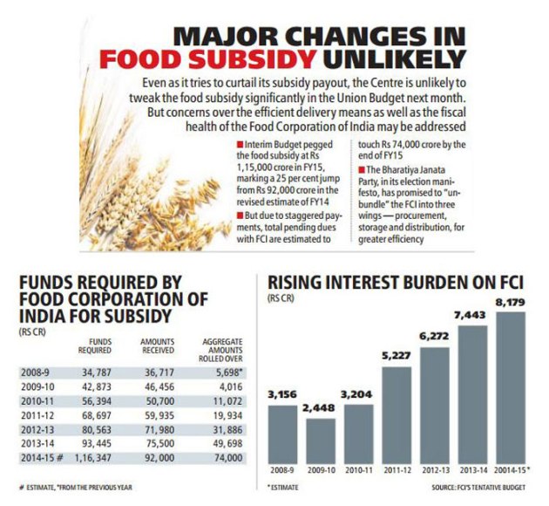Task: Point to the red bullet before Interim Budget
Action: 227,143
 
